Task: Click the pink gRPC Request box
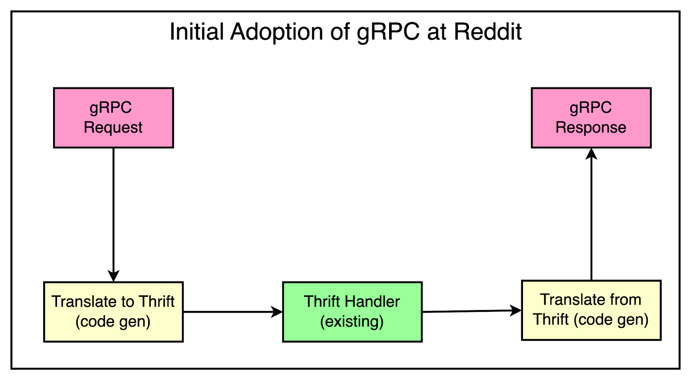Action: coord(113,118)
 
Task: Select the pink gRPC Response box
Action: coord(591,118)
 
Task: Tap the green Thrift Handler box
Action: coord(352,312)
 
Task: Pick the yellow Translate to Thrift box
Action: coord(113,312)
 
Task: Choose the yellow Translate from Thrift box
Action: coord(591,310)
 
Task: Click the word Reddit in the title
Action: coord(488,32)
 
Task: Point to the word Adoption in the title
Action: coord(276,32)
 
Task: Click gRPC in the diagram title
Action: coord(388,32)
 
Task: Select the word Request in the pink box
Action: coord(113,128)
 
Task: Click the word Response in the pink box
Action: coord(591,128)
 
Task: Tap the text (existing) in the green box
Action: coord(352,321)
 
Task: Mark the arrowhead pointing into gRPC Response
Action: coord(591,153)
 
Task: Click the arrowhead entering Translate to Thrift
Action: coord(114,276)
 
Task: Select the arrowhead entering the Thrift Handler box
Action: coord(277,312)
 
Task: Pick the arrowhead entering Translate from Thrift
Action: coord(516,310)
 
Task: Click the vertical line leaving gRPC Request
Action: coord(114,207)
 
